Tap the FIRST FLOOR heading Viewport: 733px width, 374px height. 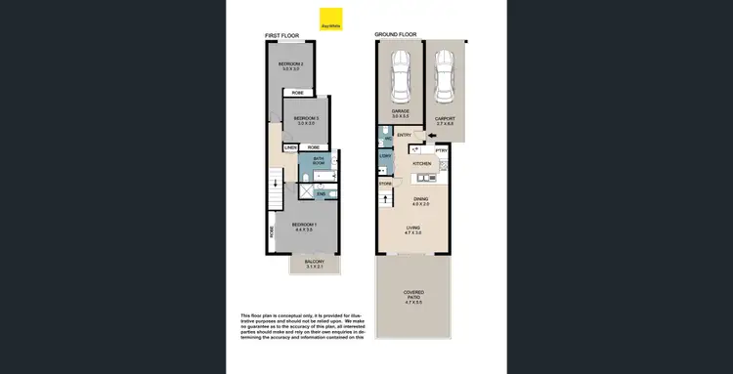[280, 36]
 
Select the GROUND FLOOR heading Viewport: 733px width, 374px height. [396, 36]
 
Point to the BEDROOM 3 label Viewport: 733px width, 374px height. [306, 120]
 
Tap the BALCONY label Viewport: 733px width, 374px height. [313, 263]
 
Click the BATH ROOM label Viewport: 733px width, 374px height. [319, 160]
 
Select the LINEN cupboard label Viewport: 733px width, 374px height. [290, 147]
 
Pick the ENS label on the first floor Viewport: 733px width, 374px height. [321, 194]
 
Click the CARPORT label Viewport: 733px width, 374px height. [446, 118]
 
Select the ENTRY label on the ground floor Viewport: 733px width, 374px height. [405, 136]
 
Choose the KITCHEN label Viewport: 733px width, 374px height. [421, 164]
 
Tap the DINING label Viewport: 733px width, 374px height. [420, 201]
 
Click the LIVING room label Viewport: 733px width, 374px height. [414, 229]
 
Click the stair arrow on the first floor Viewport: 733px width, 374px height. [278, 183]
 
